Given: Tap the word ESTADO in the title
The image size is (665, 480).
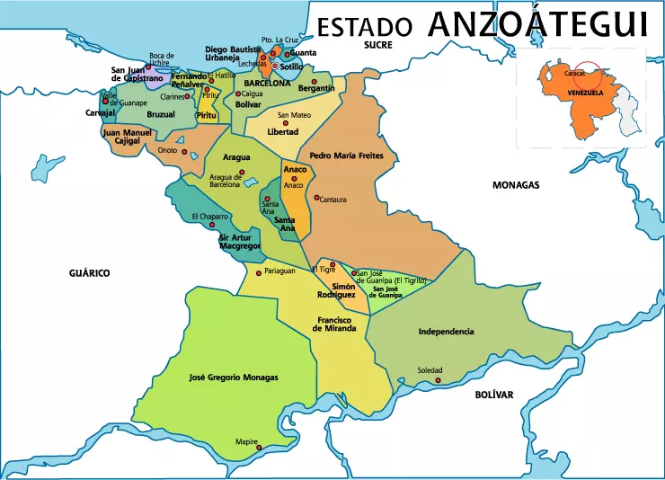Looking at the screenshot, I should coord(366,27).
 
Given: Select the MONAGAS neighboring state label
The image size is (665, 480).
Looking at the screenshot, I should coord(516,184).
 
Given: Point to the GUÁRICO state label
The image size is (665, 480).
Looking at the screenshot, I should coord(91,272).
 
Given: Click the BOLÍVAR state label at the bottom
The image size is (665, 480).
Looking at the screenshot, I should coord(493,395).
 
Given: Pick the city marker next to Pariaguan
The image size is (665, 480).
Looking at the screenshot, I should coord(259,273).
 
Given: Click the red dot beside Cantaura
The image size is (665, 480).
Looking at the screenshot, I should coord(316,198).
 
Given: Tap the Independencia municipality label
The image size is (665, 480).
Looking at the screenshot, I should coord(446,332).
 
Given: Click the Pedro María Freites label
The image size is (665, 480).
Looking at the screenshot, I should coord(347,156).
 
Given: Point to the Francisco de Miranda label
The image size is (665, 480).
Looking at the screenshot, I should coord(334,324).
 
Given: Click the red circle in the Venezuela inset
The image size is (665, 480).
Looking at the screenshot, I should coord(588,75).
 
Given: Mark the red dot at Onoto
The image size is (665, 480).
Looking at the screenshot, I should coord(185,152).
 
